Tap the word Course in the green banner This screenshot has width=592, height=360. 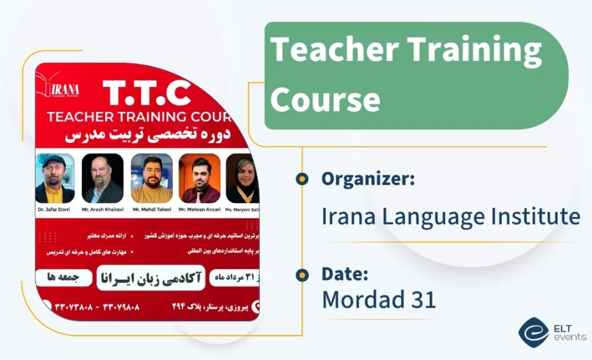[x=325, y=99]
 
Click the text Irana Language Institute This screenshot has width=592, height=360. [x=450, y=216]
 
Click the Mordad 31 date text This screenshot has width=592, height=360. [x=378, y=300]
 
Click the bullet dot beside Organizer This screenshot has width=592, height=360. [x=302, y=179]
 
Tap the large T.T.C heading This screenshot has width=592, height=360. [x=147, y=93]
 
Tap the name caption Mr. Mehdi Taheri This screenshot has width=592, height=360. [x=152, y=210]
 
